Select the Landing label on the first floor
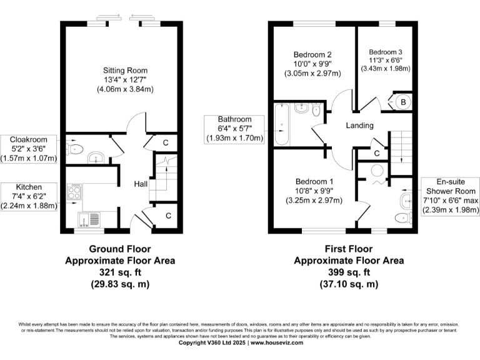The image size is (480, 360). coord(360,126)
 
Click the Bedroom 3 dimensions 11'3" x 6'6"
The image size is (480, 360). coord(386,61)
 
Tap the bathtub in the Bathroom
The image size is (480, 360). coord(281,125)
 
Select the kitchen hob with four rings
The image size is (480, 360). coord(74,191)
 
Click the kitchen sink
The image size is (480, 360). coord(89,219)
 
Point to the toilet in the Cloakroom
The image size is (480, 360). coord(76,149)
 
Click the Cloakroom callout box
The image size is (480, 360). coord(29,148)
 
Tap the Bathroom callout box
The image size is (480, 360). coord(235,129)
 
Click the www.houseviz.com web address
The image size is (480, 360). coord(275,343)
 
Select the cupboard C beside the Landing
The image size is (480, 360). coord(377,153)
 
